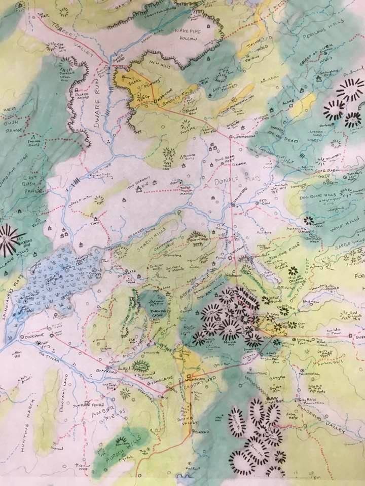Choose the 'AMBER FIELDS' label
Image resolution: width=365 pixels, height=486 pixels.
point(104,400)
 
